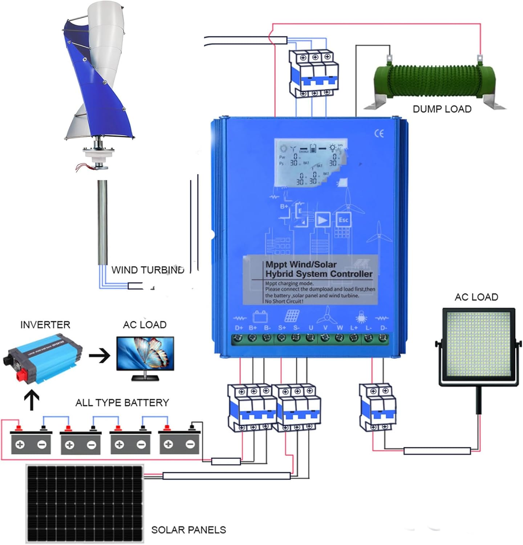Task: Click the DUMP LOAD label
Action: point(442,109)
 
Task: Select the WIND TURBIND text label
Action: point(148,270)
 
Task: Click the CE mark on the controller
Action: point(379,134)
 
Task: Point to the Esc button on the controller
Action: point(343,220)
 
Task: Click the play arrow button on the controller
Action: point(322,220)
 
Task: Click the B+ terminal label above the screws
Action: point(253,328)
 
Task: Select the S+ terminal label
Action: point(282,328)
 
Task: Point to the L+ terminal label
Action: point(354,328)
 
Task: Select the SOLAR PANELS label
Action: point(188,530)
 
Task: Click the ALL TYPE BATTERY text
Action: point(122,403)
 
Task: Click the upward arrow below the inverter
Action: point(32,400)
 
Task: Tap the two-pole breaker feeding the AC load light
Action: point(377,407)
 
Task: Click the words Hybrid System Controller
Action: point(319,274)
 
